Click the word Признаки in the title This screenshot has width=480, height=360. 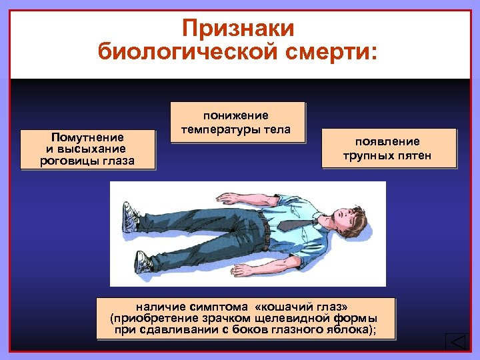coord(238,29)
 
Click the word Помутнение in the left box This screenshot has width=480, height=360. coord(88,137)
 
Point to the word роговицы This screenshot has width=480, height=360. coord(66,161)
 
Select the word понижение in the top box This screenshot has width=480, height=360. coord(236,116)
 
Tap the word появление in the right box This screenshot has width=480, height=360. coord(387,141)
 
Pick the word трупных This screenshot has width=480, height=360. coord(366,156)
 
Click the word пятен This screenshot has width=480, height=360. coord(414,156)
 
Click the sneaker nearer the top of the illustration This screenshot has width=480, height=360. coord(129,215)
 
